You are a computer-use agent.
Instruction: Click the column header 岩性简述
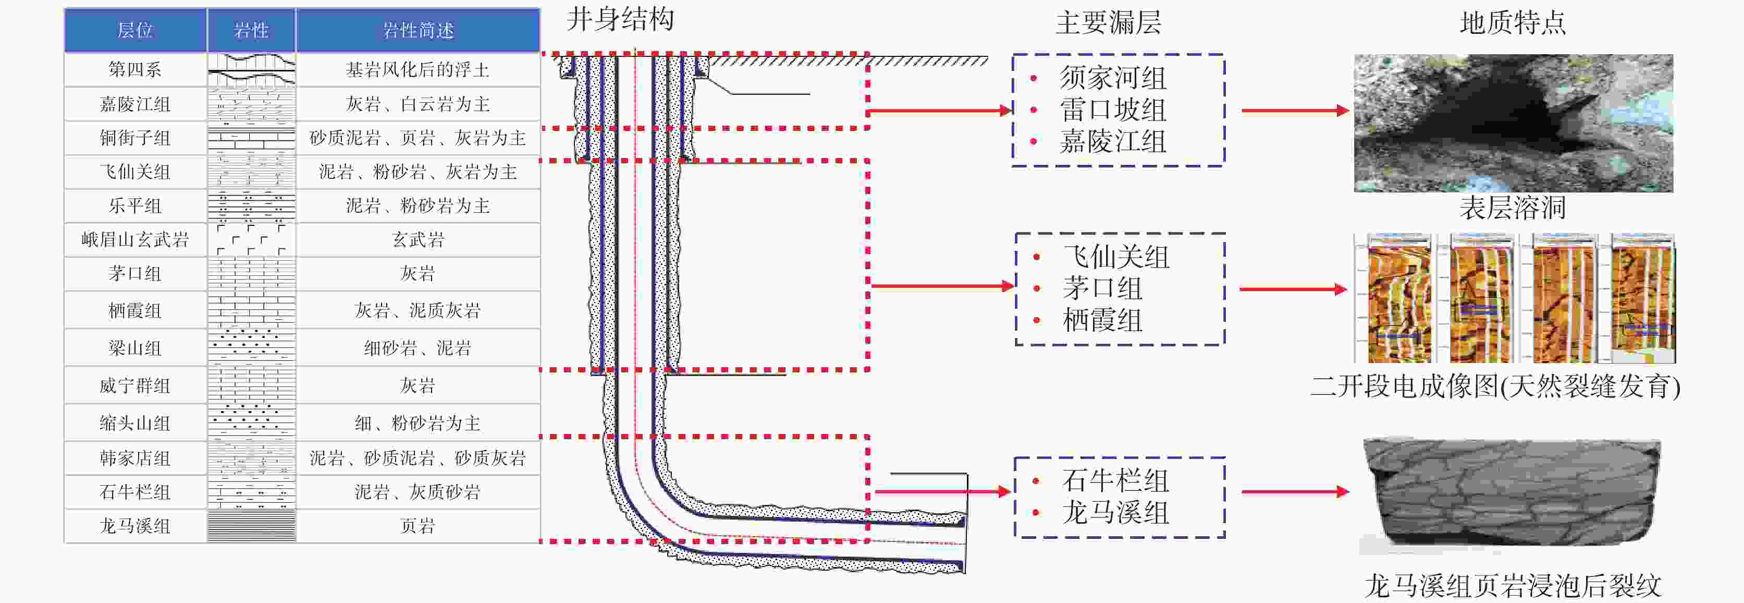(x=417, y=30)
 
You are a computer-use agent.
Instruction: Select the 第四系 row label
(x=134, y=69)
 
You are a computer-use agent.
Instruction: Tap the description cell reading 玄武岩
(x=417, y=240)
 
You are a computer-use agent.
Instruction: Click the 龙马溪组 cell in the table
(x=134, y=526)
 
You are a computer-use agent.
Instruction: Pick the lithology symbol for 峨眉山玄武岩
(x=251, y=240)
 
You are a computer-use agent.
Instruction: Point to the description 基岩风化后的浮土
(x=417, y=69)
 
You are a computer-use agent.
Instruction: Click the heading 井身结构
(x=620, y=19)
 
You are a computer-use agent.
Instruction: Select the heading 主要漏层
(x=1108, y=22)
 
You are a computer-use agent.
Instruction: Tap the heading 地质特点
(x=1513, y=22)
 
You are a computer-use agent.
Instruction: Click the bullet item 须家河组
(x=1113, y=78)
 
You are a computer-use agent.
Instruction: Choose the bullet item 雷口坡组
(x=1113, y=110)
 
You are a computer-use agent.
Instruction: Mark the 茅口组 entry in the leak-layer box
(x=1102, y=288)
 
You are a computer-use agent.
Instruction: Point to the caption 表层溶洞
(x=1513, y=207)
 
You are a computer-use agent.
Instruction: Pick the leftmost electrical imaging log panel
(x=1393, y=298)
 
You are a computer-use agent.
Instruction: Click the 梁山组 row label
(x=134, y=348)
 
